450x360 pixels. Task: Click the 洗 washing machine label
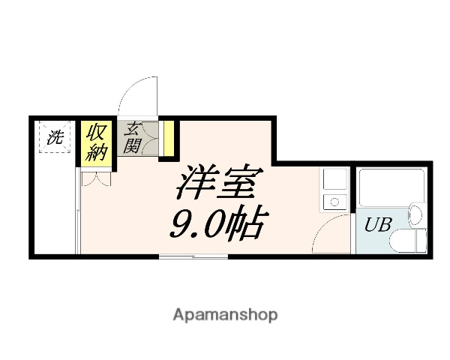click(x=55, y=137)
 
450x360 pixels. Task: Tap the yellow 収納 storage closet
click(x=95, y=142)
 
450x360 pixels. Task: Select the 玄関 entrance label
click(x=133, y=138)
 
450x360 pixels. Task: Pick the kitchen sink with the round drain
click(x=331, y=201)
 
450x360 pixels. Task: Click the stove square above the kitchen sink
click(x=331, y=180)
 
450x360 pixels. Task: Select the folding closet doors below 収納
click(x=96, y=179)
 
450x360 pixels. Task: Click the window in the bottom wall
click(x=193, y=256)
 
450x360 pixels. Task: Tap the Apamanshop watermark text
click(x=225, y=314)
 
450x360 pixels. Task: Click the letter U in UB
click(x=370, y=224)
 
